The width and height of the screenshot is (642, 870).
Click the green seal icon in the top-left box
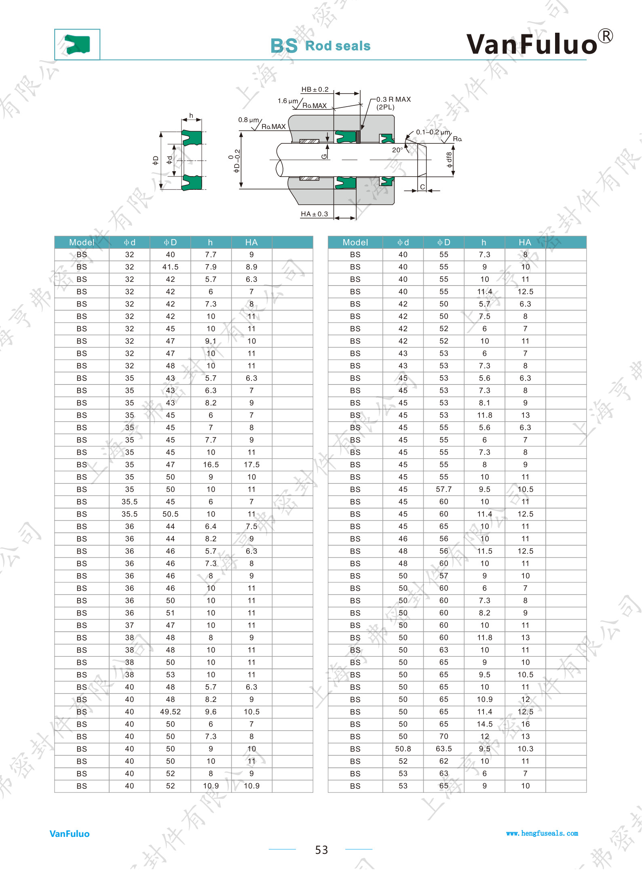77,44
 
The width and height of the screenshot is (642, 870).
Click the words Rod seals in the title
338,46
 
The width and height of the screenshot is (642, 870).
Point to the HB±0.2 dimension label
315,89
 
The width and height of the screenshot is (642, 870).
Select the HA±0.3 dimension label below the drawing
314,214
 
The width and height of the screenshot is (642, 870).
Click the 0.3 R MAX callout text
393,99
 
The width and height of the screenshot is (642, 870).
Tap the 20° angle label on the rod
397,150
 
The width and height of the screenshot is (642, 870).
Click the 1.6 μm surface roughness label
287,101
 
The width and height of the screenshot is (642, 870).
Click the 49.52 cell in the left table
171,712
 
